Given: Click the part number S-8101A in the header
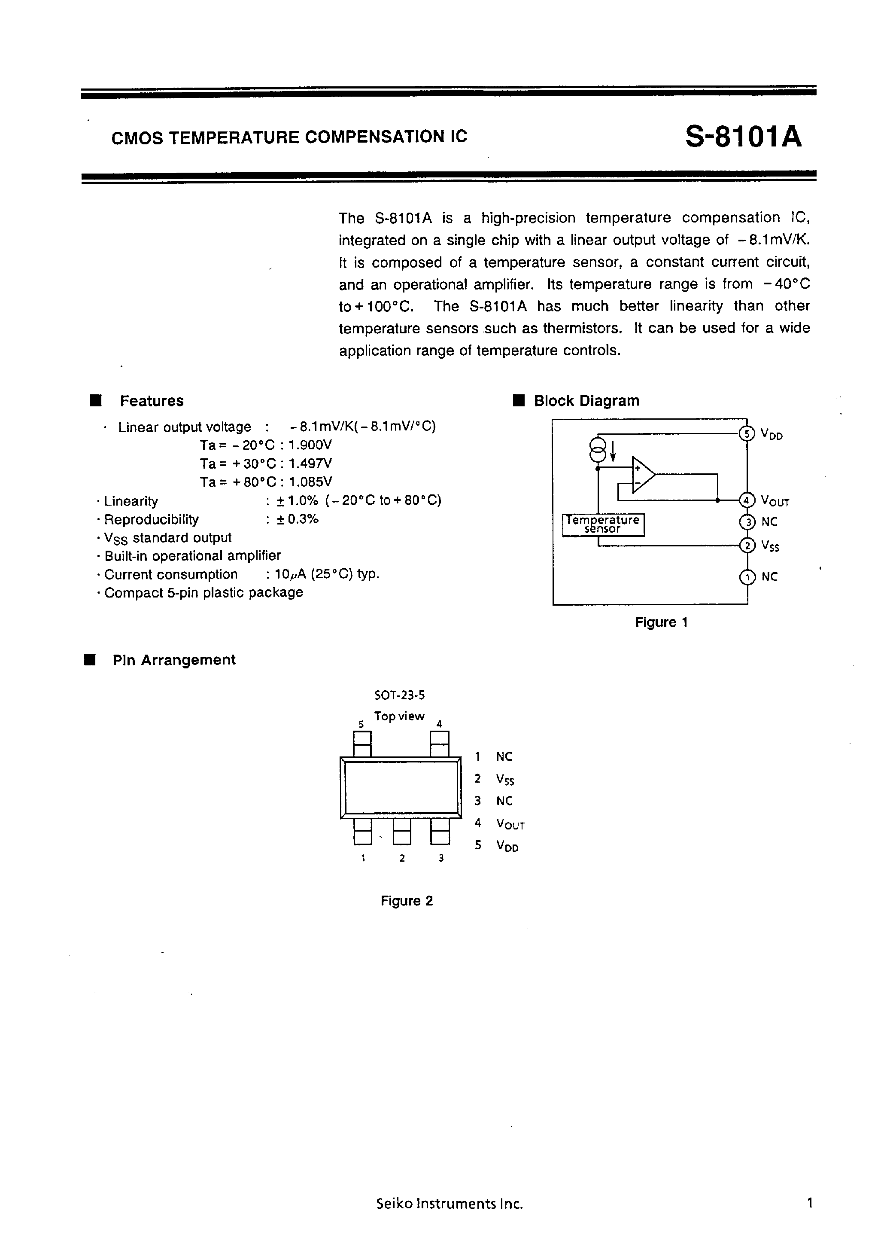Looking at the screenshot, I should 743,137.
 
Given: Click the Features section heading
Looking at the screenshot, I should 152,401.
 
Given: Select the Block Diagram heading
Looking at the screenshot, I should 586,401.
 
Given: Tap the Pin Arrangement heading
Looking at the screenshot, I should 174,660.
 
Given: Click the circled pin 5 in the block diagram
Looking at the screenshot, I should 747,434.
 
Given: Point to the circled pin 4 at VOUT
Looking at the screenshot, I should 747,500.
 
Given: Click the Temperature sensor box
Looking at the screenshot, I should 603,524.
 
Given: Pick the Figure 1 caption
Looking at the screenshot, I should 661,622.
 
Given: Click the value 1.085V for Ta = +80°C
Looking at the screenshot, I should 310,482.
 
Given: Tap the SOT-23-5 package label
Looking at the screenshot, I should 399,695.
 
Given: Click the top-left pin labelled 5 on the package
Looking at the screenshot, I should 362,744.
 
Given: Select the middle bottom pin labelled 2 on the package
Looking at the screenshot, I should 402,832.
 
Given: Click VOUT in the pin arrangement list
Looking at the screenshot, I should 510,824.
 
